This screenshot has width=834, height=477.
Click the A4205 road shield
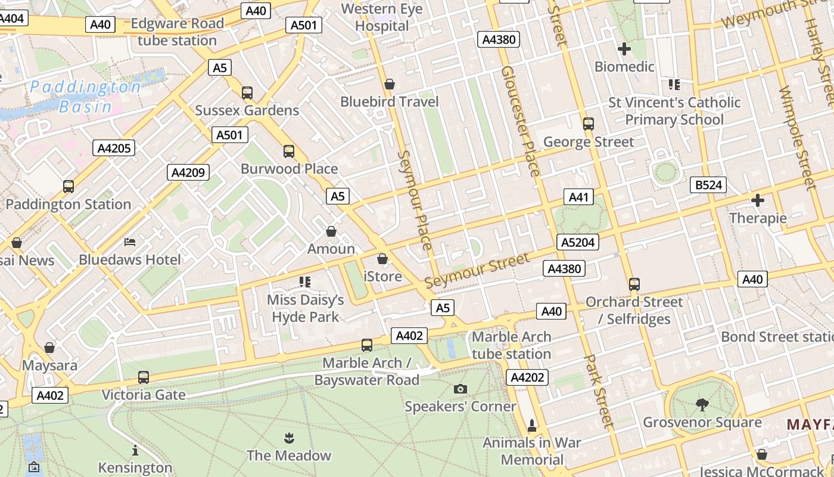(114, 148)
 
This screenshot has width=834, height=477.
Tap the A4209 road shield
(188, 173)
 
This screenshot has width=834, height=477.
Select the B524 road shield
(709, 185)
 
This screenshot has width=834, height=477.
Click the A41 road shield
(578, 197)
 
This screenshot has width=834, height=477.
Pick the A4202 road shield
(527, 377)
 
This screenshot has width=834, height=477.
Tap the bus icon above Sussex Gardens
(247, 93)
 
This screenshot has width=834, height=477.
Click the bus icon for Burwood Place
(289, 151)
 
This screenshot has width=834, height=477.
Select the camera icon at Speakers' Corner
(460, 389)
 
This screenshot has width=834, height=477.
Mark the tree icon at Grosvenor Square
(702, 405)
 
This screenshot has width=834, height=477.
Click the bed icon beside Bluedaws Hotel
(130, 242)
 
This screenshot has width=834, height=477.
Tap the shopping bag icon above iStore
(382, 259)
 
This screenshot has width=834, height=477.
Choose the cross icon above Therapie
(758, 200)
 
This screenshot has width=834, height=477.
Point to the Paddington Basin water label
(86, 97)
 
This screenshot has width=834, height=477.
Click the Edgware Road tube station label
(177, 32)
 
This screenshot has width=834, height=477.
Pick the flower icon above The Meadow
(289, 438)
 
